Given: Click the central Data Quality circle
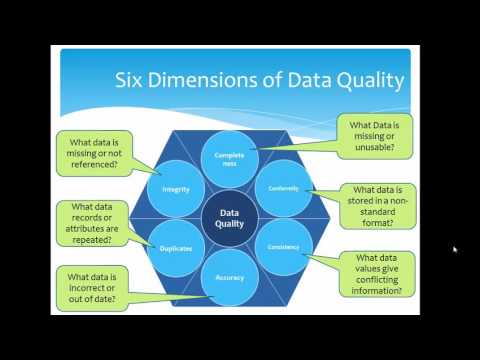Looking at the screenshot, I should tap(231, 217).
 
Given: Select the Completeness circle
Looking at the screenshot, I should tap(231, 159).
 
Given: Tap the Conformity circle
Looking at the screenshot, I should tap(285, 187).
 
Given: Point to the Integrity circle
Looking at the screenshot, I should tap(177, 187).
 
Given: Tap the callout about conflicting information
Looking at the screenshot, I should tap(381, 272).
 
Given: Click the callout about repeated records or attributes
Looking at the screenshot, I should tap(96, 220).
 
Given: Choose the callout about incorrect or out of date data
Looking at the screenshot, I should tap(102, 283).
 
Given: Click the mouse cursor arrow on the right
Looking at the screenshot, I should tap(455, 249).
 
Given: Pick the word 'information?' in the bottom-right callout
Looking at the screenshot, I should tap(381, 291).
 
